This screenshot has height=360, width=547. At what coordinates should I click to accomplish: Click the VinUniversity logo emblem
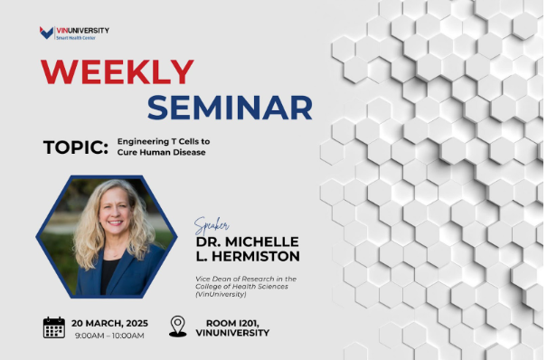46,33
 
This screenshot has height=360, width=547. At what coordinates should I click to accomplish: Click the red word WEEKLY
118,71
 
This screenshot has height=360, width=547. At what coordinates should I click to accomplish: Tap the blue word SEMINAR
231,106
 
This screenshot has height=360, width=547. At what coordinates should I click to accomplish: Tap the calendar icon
54,327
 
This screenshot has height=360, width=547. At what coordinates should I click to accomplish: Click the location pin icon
177,327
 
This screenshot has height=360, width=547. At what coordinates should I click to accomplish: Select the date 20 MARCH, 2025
110,321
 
